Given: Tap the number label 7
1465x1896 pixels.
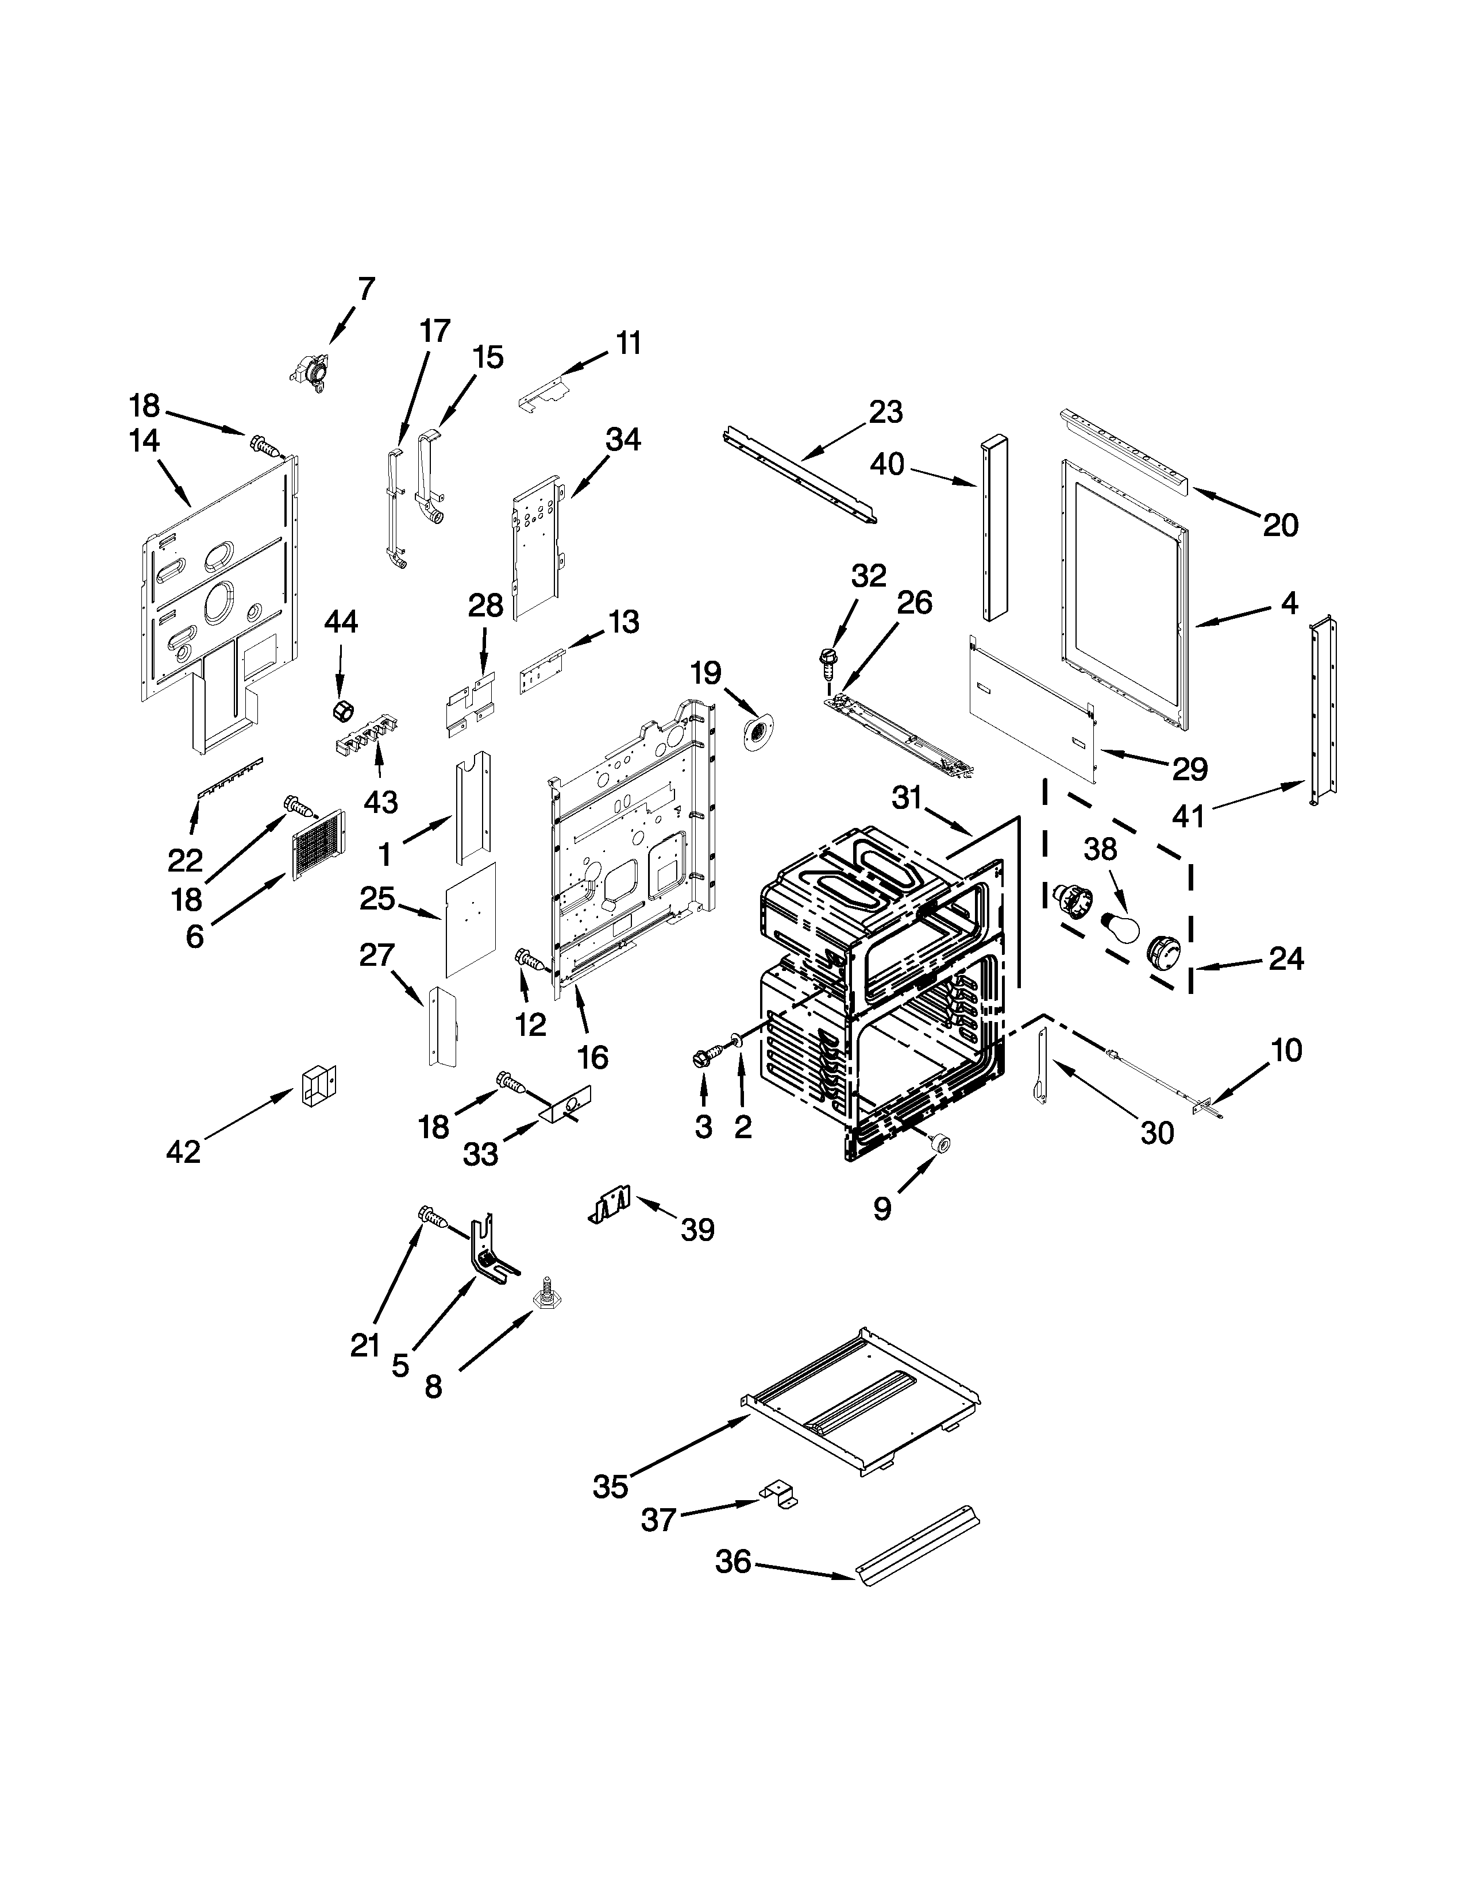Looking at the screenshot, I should point(367,289).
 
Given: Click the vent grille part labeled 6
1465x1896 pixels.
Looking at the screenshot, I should point(318,845).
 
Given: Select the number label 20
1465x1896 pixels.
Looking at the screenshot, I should point(1280,525).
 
